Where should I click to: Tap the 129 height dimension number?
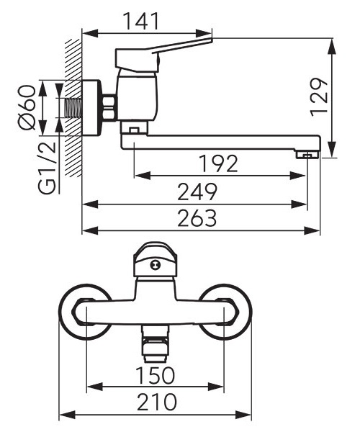coord(319,97)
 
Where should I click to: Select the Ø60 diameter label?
coord(27,107)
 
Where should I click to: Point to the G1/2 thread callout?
coord(47,168)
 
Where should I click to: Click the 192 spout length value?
coord(218,163)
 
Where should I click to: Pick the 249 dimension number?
coord(197,192)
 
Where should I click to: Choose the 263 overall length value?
coord(197,218)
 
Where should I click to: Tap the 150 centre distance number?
coord(156,375)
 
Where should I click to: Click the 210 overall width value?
coord(156,402)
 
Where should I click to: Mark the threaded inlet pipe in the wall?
coord(73,108)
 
